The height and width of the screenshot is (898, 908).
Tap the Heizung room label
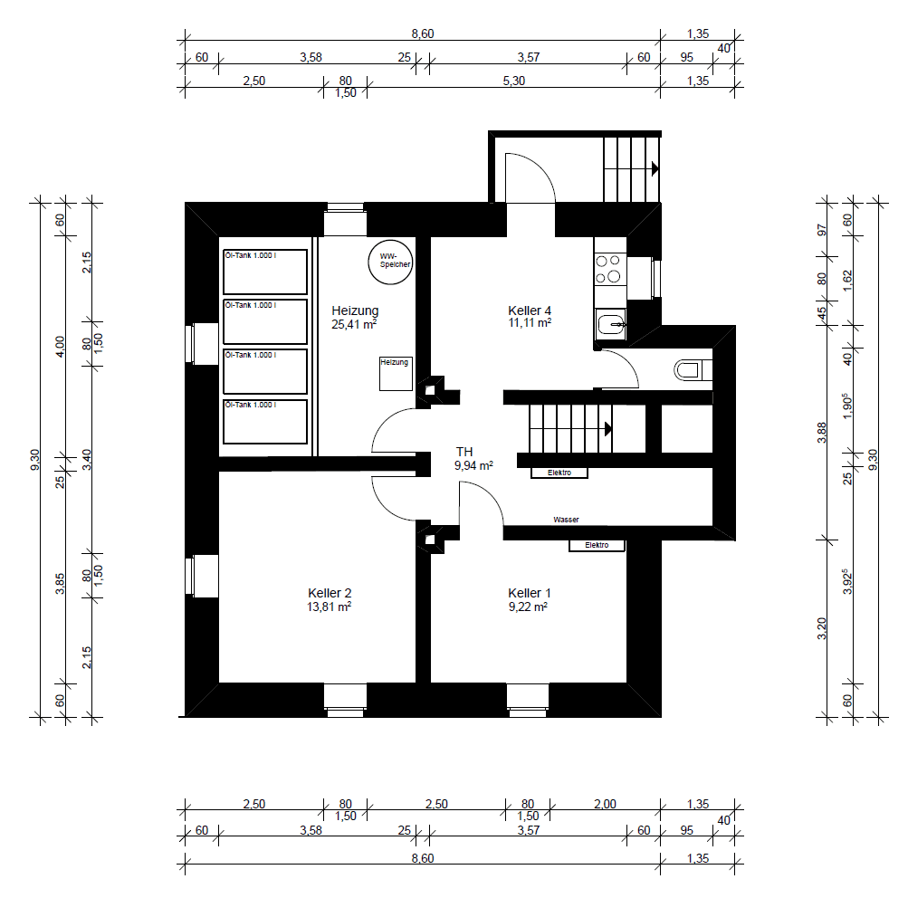[354, 310]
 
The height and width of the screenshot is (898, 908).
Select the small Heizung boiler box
[395, 373]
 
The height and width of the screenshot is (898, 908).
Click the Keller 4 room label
[530, 310]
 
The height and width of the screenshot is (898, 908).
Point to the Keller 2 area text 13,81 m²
[330, 607]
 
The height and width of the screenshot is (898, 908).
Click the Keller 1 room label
[530, 593]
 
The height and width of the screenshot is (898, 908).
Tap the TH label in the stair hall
[464, 452]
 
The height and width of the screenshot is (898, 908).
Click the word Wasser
[566, 520]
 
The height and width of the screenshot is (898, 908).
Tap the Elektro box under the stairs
[559, 473]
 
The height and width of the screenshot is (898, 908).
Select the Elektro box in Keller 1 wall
[596, 545]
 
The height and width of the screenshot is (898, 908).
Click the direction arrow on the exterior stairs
[654, 167]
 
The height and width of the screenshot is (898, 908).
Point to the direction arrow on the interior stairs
[608, 428]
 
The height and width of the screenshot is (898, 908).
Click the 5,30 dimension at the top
[512, 81]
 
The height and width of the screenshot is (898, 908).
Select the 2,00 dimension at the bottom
[604, 804]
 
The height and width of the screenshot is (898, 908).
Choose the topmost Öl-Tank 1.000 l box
[265, 272]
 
